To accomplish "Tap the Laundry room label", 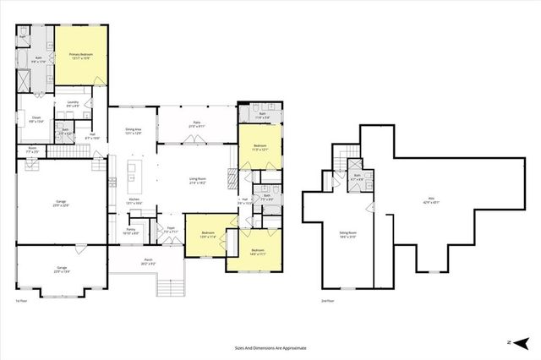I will pyautogui.click(x=73, y=106).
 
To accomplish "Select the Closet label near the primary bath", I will pyautogui.click(x=36, y=121).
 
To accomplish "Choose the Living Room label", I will pyautogui.click(x=199, y=180).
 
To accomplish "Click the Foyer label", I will pyautogui.click(x=170, y=229).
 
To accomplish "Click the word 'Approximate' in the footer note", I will pyautogui.click(x=292, y=347).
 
